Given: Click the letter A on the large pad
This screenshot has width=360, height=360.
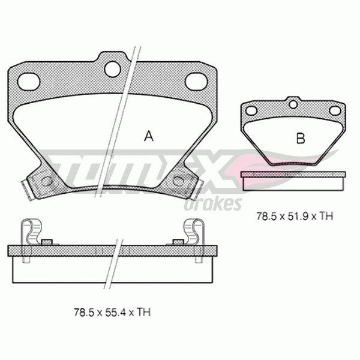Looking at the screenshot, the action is pyautogui.click(x=149, y=136).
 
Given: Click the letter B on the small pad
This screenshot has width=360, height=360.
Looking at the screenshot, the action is pyautogui.click(x=301, y=138).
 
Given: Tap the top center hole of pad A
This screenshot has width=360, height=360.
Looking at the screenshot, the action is pyautogui.click(x=112, y=68).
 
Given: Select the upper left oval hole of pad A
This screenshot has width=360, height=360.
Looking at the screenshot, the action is pyautogui.click(x=29, y=82).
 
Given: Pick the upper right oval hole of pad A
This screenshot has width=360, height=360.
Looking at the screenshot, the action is pyautogui.click(x=196, y=82).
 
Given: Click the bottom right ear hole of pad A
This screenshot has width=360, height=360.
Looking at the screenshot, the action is pyautogui.click(x=178, y=181).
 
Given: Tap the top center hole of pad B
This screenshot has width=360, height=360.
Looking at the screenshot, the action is pyautogui.click(x=293, y=104).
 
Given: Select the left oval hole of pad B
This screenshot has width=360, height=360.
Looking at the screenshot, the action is pyautogui.click(x=251, y=110).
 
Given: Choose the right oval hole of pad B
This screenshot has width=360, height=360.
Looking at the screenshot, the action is pyautogui.click(x=335, y=110).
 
